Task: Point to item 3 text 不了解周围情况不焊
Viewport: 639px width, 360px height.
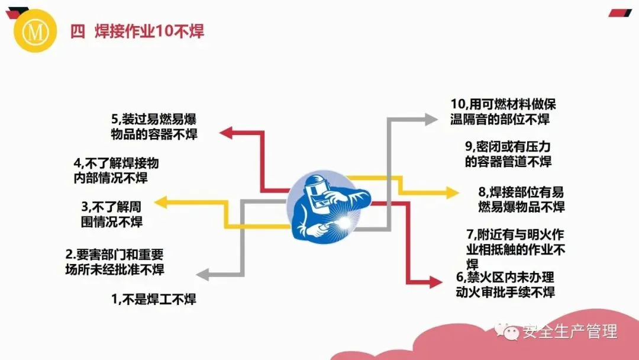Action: pyautogui.click(x=112, y=214)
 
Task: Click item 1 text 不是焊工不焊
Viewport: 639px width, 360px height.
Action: pyautogui.click(x=154, y=300)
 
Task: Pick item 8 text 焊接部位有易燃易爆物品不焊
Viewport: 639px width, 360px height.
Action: pyautogui.click(x=521, y=199)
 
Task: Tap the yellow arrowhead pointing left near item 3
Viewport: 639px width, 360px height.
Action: pyautogui.click(x=162, y=203)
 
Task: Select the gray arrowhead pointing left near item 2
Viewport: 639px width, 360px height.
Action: pyautogui.click(x=202, y=274)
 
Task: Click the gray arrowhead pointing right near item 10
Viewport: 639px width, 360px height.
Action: pyautogui.click(x=430, y=120)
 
